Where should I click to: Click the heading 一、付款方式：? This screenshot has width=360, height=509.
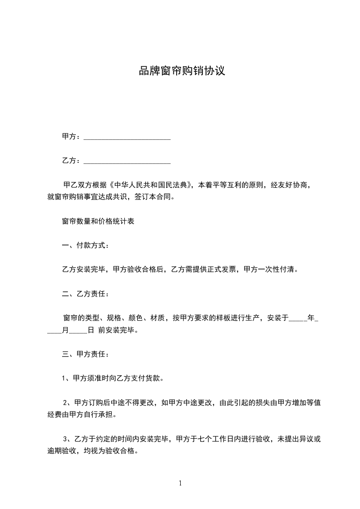click(x=85, y=245)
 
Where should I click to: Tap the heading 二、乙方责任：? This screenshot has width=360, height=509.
click(x=85, y=294)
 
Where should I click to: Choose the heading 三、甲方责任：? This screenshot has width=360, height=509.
click(x=85, y=354)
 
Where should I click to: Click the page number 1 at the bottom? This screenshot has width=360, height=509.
click(x=180, y=483)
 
